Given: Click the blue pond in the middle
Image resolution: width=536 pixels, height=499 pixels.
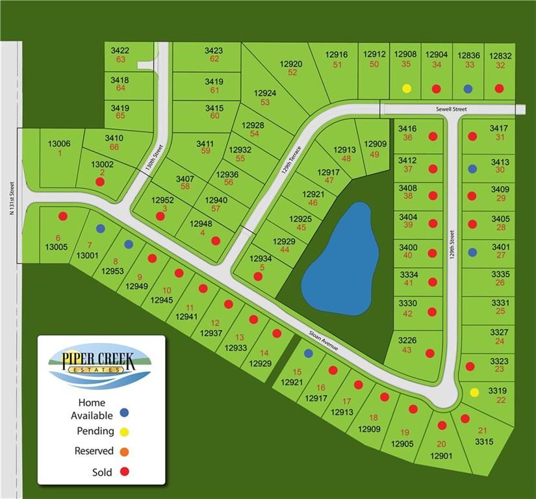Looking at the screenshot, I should coord(341,260).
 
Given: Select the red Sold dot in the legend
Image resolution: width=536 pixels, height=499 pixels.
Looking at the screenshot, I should coord(125,472).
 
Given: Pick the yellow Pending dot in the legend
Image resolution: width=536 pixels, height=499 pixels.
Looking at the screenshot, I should coord(125,431).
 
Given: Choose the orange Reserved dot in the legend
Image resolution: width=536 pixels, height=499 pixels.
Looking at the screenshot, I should coord(125,452).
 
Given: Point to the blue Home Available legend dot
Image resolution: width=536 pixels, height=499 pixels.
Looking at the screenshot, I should coord(125,411).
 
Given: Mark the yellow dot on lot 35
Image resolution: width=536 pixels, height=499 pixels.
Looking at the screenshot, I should coord(407,88).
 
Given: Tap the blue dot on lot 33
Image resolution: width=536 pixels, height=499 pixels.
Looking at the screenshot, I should coord(468,88).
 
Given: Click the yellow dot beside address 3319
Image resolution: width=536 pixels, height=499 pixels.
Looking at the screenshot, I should coord(474,392).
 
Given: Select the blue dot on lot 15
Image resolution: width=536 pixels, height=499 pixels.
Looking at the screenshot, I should coord(309,353).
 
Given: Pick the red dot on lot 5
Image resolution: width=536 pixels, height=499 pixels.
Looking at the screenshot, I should coord(258,276).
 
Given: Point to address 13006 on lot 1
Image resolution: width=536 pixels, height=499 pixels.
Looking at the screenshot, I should coord(59,144).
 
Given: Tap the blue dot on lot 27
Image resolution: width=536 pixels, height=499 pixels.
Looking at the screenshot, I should coord(472,252).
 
